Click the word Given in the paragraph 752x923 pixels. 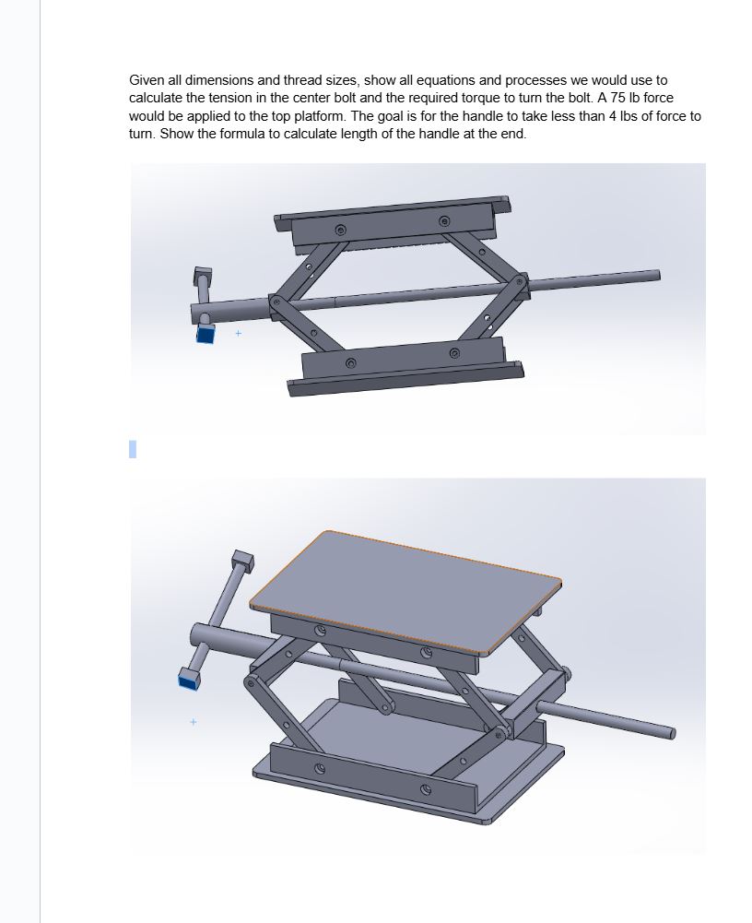(146, 80)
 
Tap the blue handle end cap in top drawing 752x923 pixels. (205, 334)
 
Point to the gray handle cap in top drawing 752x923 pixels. (202, 274)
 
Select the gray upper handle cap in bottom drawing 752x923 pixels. (243, 560)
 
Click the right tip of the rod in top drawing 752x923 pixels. (657, 275)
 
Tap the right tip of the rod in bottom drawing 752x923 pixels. (671, 734)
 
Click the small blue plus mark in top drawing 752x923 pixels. (238, 333)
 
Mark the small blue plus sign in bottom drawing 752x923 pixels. (194, 722)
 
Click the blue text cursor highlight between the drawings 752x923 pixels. (133, 449)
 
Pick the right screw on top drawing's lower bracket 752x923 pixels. (454, 353)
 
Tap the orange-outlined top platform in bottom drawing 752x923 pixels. (405, 588)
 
